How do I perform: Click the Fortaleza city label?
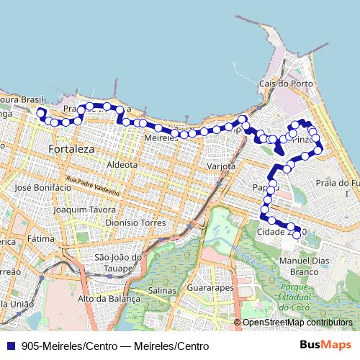(x=71, y=149)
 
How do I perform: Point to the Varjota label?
(x=221, y=166)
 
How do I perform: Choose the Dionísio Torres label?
(x=135, y=222)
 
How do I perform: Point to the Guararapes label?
(x=210, y=287)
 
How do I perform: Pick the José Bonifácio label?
(x=42, y=187)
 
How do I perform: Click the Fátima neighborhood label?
(x=40, y=238)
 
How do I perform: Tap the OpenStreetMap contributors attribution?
(x=297, y=323)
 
